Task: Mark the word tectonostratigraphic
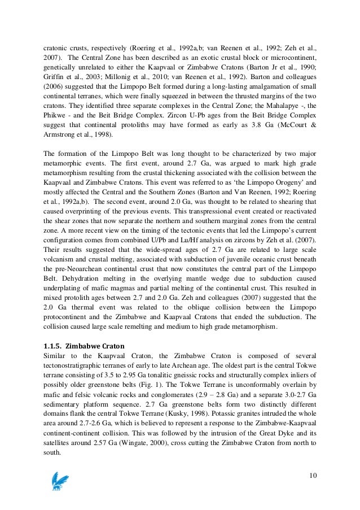tap(78, 366)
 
